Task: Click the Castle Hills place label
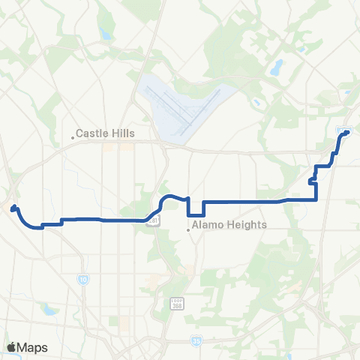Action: point(110,133)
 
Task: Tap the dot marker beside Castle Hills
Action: point(73,136)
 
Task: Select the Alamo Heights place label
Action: point(230,224)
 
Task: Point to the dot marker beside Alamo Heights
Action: point(189,229)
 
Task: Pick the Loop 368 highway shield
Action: point(175,301)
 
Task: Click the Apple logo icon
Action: point(13,347)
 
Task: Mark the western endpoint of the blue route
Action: point(14,204)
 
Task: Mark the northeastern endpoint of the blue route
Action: point(347,133)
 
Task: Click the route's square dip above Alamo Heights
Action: point(194,208)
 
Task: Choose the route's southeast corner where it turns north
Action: point(317,199)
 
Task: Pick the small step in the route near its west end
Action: point(60,221)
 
